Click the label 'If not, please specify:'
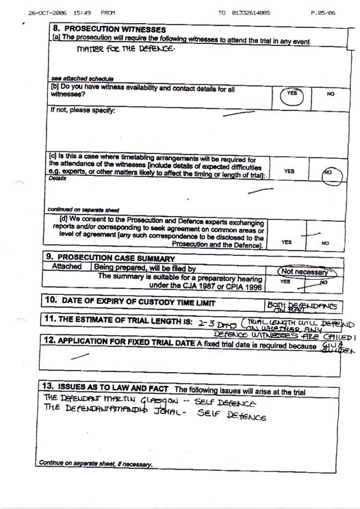[x=82, y=110]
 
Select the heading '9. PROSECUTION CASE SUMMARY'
[x=114, y=257]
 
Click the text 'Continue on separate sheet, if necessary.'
[x=96, y=463]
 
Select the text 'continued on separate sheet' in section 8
[x=83, y=209]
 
